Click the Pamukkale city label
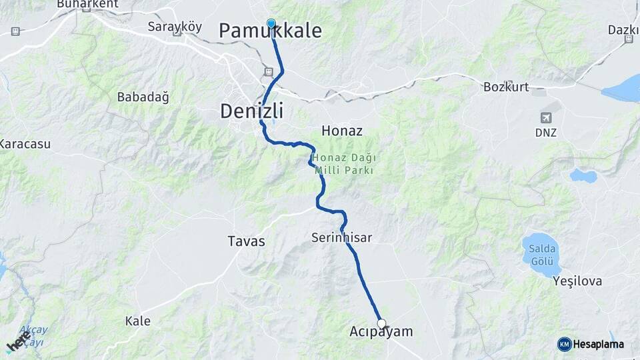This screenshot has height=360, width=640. coord(270,31)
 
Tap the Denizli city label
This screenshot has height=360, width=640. coord(251,111)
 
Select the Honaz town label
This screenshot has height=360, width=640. coord(341,131)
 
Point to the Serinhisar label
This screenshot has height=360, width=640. coord(341,237)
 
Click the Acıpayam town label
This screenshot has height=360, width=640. coord(381,331)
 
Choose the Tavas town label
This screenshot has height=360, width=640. coord(246,241)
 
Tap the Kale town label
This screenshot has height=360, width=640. coord(138,321)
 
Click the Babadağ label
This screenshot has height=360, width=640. coord(143,97)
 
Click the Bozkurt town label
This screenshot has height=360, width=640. coord(505,87)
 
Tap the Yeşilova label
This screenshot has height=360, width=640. coord(577,281)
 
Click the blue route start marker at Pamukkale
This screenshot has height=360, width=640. coord(271,24)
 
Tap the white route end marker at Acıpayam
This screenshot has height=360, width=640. coord(381,323)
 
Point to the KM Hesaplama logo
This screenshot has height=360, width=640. coord(591,344)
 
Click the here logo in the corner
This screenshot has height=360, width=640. coord(17,343)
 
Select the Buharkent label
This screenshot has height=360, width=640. coord(87,4)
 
